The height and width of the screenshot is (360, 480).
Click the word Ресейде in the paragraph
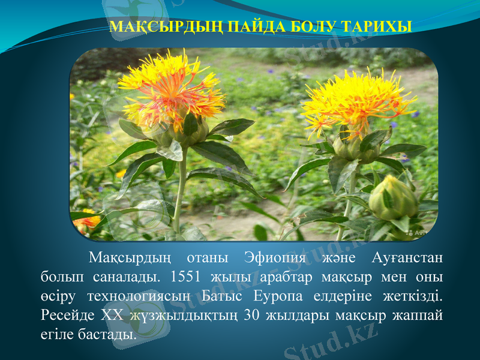tap(67, 314)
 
